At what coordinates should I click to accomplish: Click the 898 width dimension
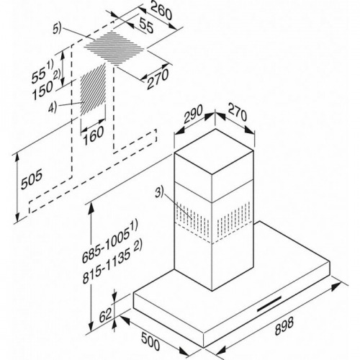[284, 326]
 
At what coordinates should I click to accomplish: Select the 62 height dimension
[106, 315]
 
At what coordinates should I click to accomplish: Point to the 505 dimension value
[32, 179]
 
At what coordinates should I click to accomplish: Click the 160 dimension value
[94, 135]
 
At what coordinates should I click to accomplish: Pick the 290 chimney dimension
[194, 114]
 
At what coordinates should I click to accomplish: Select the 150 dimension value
[42, 89]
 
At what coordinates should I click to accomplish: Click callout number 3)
[159, 193]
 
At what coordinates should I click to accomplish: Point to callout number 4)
[53, 107]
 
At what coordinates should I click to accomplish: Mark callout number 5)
[57, 29]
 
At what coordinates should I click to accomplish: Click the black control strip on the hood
[269, 304]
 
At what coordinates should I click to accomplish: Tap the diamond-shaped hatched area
[114, 48]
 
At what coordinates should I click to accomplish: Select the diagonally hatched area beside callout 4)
[93, 89]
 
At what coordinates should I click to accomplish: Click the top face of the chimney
[214, 151]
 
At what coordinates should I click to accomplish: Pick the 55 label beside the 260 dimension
[145, 26]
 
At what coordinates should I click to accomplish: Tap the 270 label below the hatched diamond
[158, 79]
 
